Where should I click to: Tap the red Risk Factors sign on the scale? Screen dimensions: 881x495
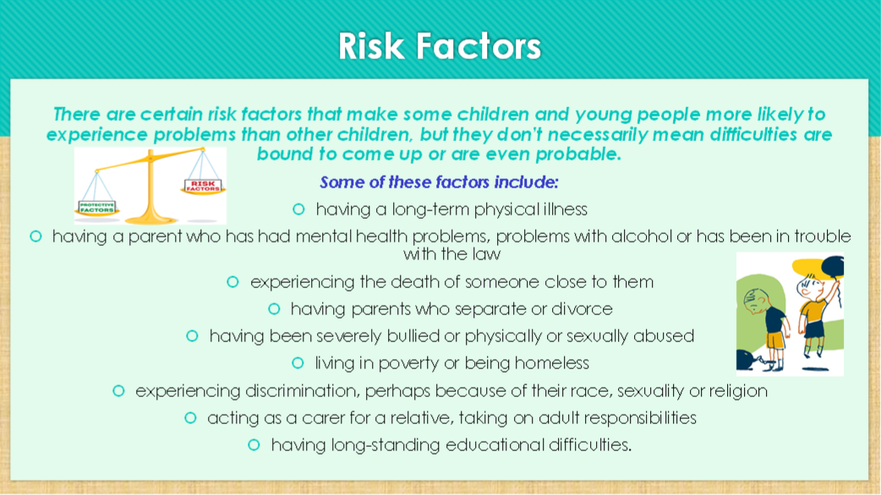coord(203,186)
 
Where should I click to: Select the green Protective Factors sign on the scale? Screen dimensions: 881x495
coord(96,208)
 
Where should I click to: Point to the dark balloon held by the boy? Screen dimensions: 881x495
coord(833,267)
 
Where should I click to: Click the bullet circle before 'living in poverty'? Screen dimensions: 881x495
coord(298,363)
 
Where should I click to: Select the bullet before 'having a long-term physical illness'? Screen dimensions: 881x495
coord(298,209)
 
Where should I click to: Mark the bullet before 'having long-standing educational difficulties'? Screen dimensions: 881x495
coord(254,445)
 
